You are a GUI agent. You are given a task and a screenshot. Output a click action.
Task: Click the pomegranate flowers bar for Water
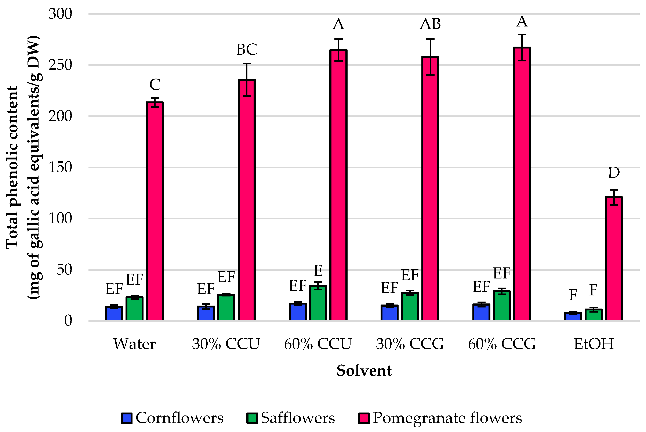click(x=155, y=211)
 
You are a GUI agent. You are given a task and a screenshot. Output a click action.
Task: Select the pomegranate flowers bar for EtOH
click(x=614, y=259)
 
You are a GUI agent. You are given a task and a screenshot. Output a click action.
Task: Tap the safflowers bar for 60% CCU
click(x=318, y=303)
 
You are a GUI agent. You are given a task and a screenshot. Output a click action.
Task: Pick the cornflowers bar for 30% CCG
click(x=389, y=313)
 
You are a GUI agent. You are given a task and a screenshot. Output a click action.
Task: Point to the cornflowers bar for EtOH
click(x=573, y=317)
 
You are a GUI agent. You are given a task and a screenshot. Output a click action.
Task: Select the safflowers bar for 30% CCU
click(x=226, y=308)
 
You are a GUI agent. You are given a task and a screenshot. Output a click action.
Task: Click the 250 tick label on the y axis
click(x=60, y=65)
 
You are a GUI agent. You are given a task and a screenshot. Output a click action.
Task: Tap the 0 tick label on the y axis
click(x=68, y=321)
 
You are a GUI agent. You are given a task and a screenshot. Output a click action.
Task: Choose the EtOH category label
click(x=594, y=344)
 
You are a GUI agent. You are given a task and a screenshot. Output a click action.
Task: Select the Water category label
click(x=134, y=344)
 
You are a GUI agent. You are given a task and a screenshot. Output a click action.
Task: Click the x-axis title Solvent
click(x=364, y=371)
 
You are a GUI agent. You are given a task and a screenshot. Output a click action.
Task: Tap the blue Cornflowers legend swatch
click(x=126, y=418)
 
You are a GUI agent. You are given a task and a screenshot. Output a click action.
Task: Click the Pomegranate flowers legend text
click(x=447, y=418)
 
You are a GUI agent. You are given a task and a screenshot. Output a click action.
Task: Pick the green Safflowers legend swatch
click(x=252, y=418)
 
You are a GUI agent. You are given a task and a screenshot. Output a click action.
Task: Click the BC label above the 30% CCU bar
click(x=246, y=49)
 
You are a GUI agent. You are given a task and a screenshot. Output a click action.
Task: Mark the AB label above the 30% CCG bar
click(x=430, y=24)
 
